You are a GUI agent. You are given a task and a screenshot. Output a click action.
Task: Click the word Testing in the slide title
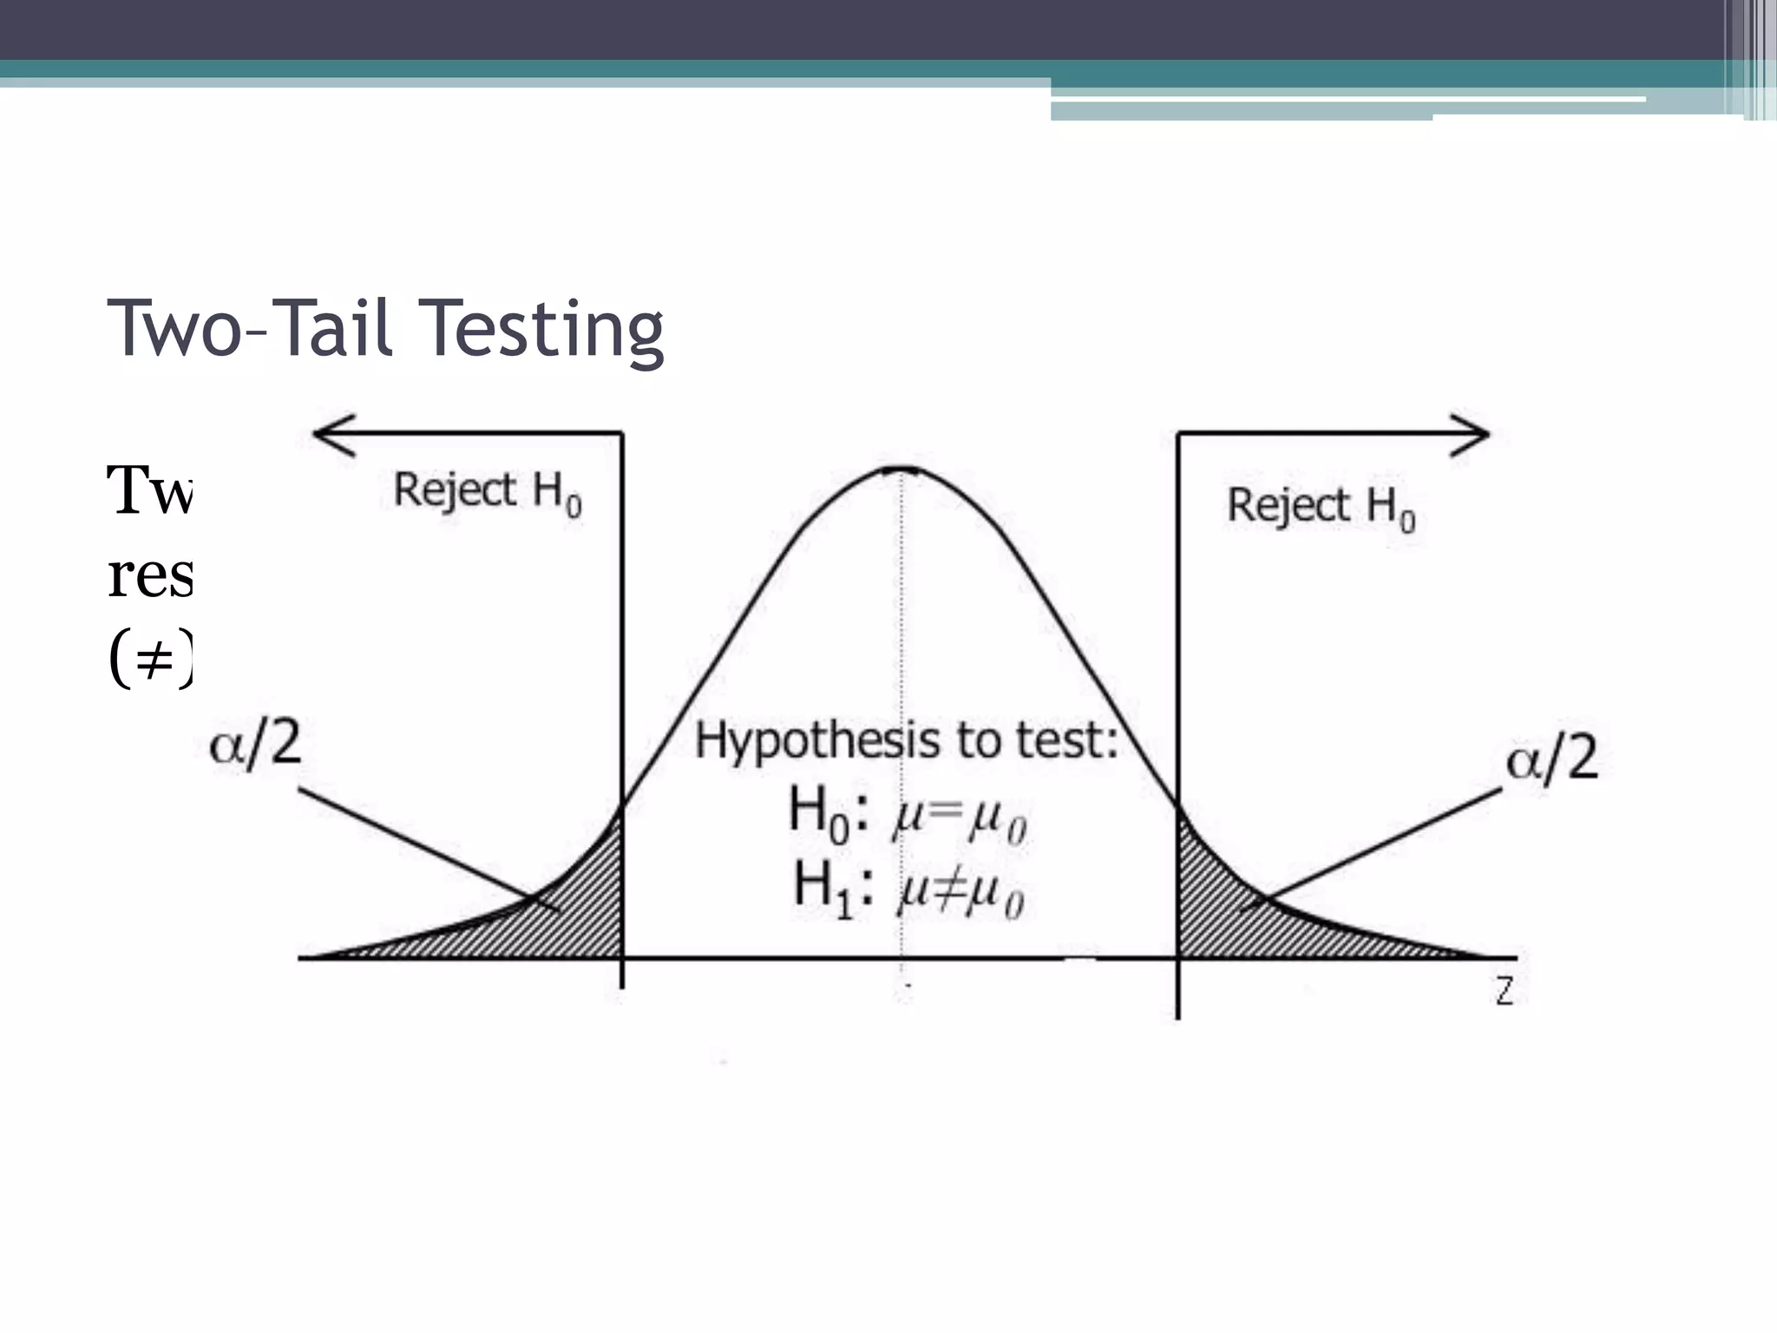[x=545, y=330]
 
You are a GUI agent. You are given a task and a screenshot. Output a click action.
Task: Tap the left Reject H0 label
[x=487, y=492]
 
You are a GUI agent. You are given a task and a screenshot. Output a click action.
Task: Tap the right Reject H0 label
[x=1320, y=507]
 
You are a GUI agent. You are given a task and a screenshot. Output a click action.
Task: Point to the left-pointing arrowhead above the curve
[x=333, y=434]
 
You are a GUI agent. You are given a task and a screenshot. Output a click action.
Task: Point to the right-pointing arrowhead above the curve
[x=1470, y=434]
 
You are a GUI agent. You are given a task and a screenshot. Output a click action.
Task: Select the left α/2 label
[x=255, y=745]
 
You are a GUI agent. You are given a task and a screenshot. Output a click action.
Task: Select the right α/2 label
[x=1551, y=758]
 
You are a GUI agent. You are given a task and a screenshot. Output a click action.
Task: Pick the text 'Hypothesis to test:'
[x=906, y=741]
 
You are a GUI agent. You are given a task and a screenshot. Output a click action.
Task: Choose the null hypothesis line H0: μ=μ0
[x=907, y=816]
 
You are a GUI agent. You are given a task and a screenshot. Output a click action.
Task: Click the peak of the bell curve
[x=902, y=470]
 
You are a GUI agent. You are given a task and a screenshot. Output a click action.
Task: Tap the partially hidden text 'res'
[x=149, y=576]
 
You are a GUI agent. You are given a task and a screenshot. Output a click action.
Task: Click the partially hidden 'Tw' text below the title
[x=149, y=491]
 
